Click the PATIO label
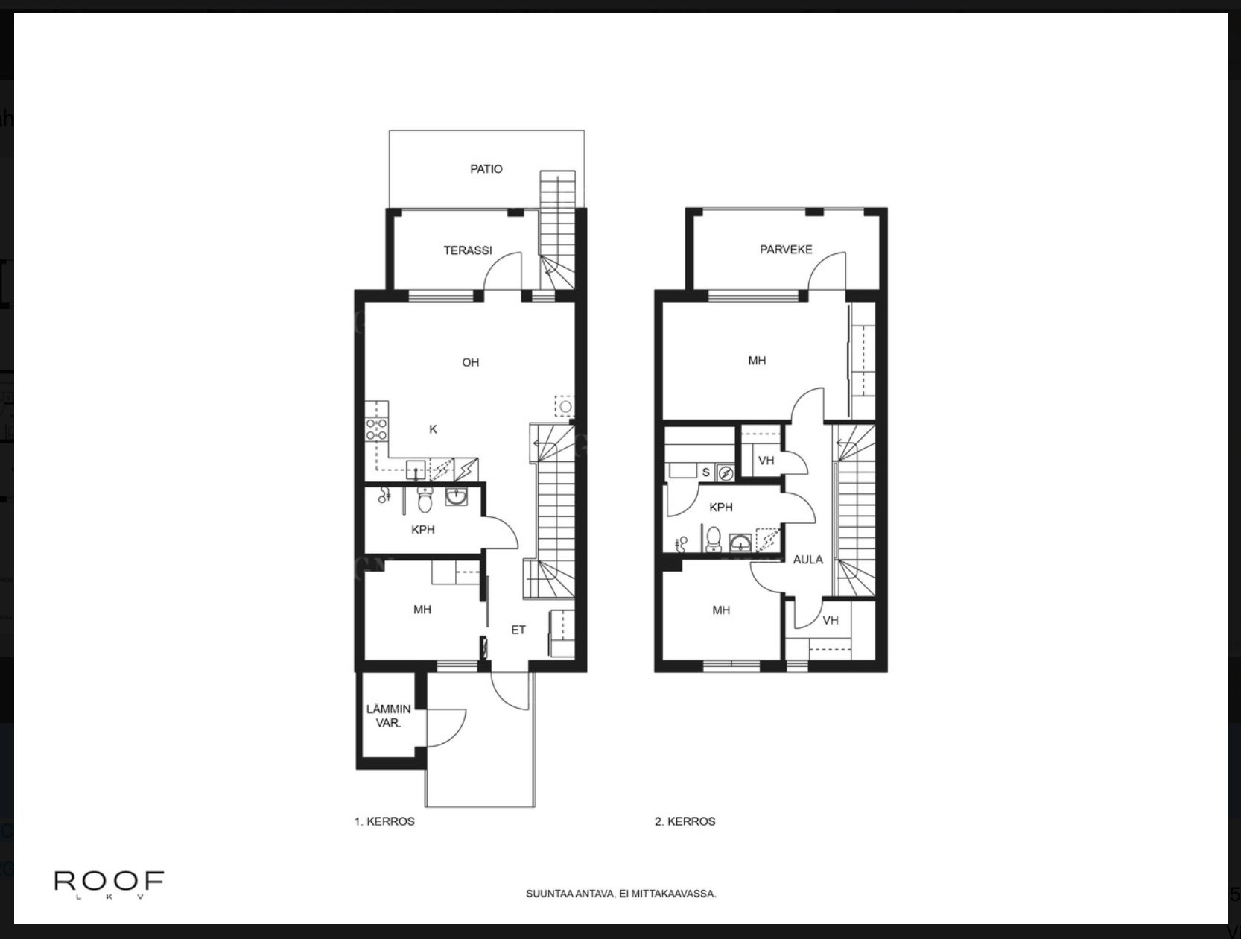click(x=486, y=169)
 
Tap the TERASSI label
click(x=468, y=250)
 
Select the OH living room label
click(x=470, y=363)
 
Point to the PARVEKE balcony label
click(x=786, y=250)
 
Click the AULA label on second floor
click(x=807, y=559)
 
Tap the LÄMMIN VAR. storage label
click(x=388, y=715)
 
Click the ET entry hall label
click(x=518, y=630)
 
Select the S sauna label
click(x=706, y=472)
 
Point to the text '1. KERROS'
click(x=384, y=821)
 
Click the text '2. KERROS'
click(x=685, y=821)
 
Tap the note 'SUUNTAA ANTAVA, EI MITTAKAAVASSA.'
click(x=621, y=894)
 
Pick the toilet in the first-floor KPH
click(x=425, y=502)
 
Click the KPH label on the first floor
click(x=422, y=530)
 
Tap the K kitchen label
click(x=433, y=429)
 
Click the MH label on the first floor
click(x=422, y=610)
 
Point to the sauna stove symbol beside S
click(x=726, y=472)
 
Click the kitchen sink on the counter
click(x=415, y=469)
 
